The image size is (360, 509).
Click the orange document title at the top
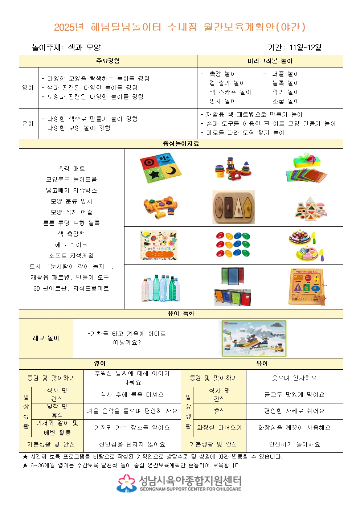pyautogui.click(x=180, y=27)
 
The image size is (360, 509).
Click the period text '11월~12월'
pyautogui.click(x=305, y=48)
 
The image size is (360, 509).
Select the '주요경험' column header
pyautogui.click(x=108, y=61)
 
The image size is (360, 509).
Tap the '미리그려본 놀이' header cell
pyautogui.click(x=270, y=61)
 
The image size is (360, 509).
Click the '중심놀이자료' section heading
pyautogui.click(x=181, y=144)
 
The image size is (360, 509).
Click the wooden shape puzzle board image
pyautogui.click(x=233, y=207)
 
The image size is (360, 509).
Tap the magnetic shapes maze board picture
pyautogui.click(x=307, y=287)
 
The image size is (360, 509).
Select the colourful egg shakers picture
pyautogui.click(x=233, y=245)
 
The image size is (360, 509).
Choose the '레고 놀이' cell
pyautogui.click(x=46, y=338)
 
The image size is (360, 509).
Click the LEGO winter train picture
pyautogui.click(x=254, y=338)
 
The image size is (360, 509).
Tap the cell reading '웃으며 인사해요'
pyautogui.click(x=294, y=378)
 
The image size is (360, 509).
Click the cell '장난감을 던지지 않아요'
pyautogui.click(x=132, y=444)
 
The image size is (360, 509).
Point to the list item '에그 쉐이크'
pyautogui.click(x=71, y=245)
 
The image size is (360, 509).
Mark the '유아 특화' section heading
pyautogui.click(x=181, y=313)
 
